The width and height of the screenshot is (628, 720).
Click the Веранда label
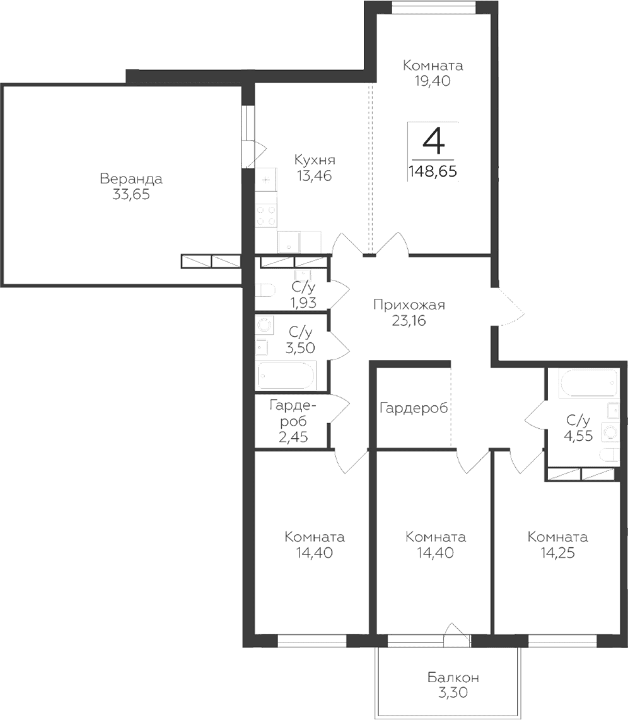[131, 178]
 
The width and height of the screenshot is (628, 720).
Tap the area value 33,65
[131, 195]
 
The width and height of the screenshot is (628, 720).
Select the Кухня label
[315, 160]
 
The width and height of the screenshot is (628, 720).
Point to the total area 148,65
[433, 171]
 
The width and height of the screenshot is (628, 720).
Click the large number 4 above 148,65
[434, 141]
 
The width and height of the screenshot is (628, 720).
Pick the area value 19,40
[433, 81]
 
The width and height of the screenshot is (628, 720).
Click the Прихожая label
[409, 305]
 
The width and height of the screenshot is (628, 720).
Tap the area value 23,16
[409, 320]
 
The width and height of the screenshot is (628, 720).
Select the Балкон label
[453, 677]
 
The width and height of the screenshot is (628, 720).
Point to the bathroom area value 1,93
[303, 303]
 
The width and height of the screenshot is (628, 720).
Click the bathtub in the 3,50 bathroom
[287, 375]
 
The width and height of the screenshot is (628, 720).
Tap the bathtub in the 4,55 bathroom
[588, 383]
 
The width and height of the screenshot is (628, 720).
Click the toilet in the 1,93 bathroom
[265, 290]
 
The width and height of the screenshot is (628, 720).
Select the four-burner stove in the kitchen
[266, 216]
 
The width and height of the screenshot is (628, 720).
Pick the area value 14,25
[558, 553]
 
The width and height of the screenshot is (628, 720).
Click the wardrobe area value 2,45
[293, 437]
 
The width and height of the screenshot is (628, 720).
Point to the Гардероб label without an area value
[414, 408]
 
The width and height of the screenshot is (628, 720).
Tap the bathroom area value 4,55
[578, 435]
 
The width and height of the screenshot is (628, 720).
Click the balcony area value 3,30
[453, 692]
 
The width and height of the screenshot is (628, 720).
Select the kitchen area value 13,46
[315, 175]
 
